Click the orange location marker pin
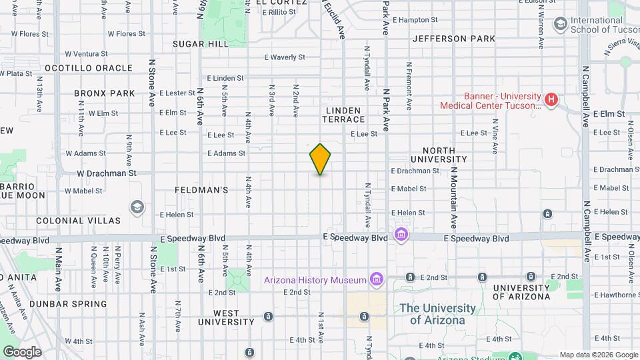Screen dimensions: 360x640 coord(321,159)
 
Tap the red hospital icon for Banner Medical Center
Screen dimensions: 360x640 coord(551,101)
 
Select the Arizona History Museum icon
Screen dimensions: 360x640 coord(377,279)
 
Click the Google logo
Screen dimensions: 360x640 coord(21,352)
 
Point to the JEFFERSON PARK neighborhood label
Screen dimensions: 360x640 coord(454,39)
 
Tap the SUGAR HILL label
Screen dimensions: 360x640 coord(200,44)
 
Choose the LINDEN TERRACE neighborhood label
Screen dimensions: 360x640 coord(344,115)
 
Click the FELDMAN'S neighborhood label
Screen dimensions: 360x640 coord(201,190)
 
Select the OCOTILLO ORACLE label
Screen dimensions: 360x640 coord(89,68)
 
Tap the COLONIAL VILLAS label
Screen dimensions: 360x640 coord(79,221)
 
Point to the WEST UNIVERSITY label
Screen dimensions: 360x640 coord(227,317)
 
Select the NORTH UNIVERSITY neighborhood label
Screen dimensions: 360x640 coord(439,155)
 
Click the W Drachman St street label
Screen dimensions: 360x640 coord(106,173)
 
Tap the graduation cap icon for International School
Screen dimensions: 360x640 coord(560,25)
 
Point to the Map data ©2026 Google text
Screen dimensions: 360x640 coord(598,355)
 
